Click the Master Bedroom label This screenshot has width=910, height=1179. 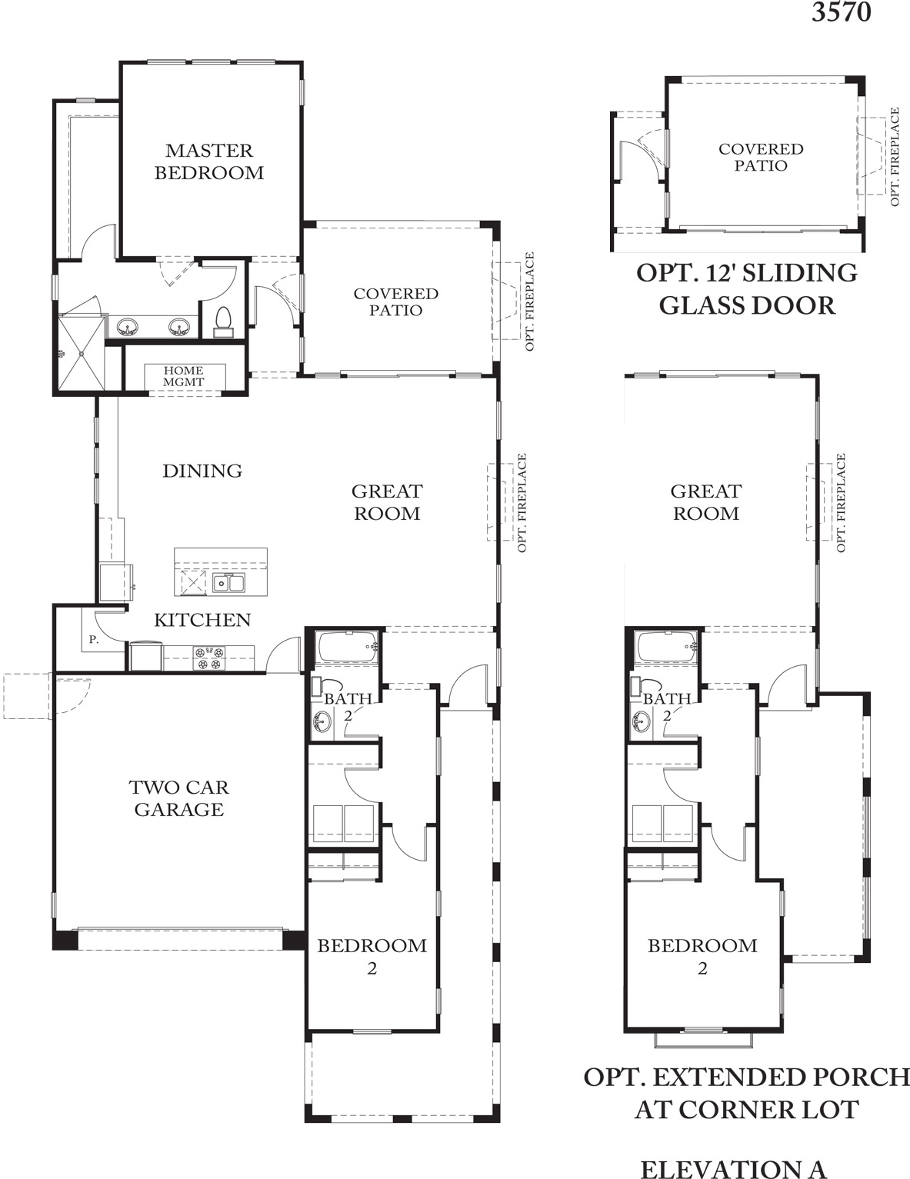pyautogui.click(x=209, y=162)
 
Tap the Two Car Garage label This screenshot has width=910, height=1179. pyautogui.click(x=179, y=798)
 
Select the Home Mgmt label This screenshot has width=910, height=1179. pyautogui.click(x=183, y=376)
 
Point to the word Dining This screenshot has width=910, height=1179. pyautogui.click(x=202, y=471)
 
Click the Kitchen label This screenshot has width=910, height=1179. pyautogui.click(x=202, y=620)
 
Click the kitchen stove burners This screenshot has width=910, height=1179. pyautogui.click(x=209, y=658)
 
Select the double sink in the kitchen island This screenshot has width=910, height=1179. pyautogui.click(x=228, y=583)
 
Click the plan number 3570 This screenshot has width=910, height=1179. pyautogui.click(x=841, y=12)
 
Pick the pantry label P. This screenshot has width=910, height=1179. pyautogui.click(x=94, y=640)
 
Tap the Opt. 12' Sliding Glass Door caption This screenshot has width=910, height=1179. pyautogui.click(x=747, y=289)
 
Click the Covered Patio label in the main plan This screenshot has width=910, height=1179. pyautogui.click(x=395, y=301)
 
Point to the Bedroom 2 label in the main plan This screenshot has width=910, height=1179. pyautogui.click(x=372, y=957)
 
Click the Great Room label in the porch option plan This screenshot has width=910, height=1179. pyautogui.click(x=706, y=502)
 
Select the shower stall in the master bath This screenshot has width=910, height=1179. pyautogui.click(x=81, y=353)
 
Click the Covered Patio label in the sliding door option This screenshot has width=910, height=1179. pyautogui.click(x=761, y=157)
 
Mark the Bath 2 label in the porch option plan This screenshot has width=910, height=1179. pyautogui.click(x=667, y=707)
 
